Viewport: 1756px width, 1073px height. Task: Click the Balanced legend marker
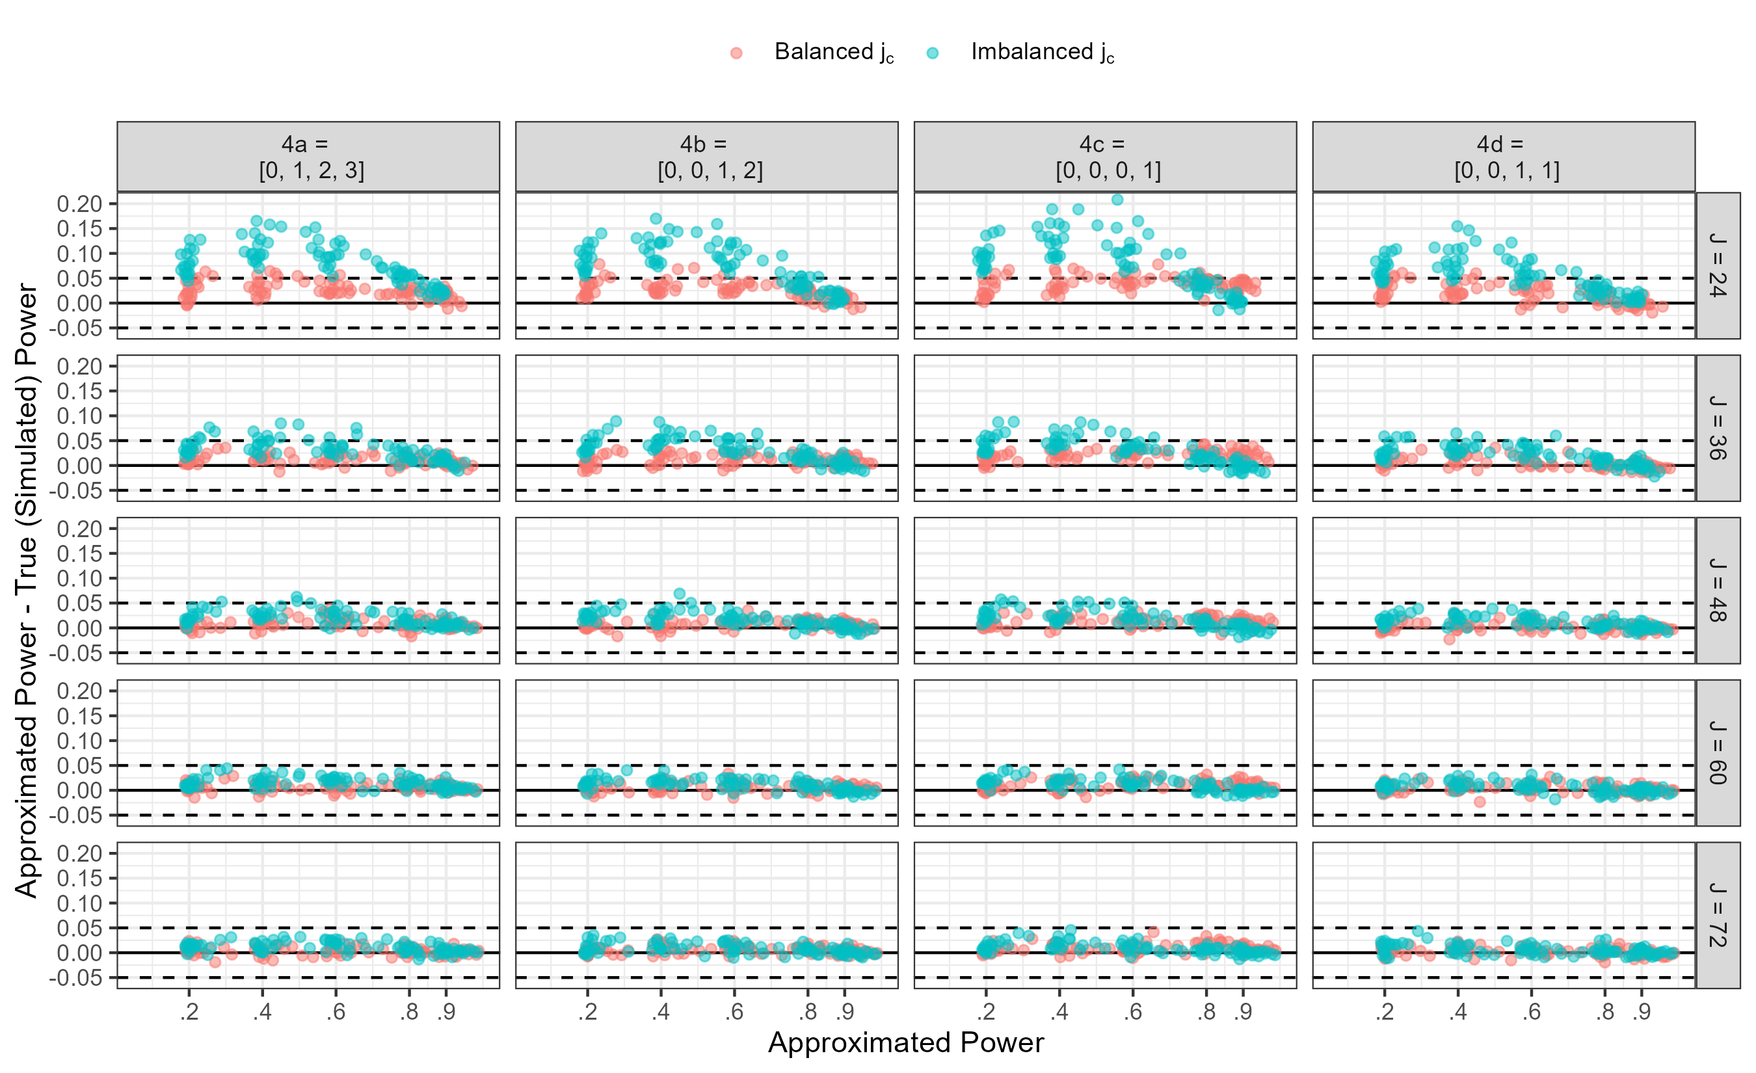coord(736,53)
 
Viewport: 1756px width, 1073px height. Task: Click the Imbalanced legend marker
coord(933,53)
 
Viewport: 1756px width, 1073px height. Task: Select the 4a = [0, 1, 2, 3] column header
coord(308,157)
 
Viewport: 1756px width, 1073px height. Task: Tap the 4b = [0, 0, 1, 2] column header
coord(707,157)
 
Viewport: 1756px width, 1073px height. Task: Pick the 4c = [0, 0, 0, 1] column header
coord(1106,157)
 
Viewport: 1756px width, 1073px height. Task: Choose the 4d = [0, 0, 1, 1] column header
coord(1504,157)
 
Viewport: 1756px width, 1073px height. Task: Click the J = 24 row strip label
coord(1718,265)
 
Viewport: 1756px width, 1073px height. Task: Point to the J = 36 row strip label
coord(1718,427)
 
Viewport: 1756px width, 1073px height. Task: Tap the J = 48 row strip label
coord(1718,590)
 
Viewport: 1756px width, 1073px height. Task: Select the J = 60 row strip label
coord(1718,752)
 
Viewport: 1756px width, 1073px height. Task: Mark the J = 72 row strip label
coord(1718,915)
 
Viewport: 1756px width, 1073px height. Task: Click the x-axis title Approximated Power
coord(906,1043)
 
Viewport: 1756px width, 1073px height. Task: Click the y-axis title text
coord(27,590)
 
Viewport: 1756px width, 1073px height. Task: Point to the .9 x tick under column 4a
coord(446,1012)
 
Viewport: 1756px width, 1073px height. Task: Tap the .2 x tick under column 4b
coord(587,1012)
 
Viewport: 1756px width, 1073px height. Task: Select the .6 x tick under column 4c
coord(1133,1012)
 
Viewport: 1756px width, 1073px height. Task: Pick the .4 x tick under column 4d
coord(1458,1012)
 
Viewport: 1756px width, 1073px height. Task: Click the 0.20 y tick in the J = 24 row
coord(80,204)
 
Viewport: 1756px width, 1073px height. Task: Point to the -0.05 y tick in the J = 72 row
coord(75,977)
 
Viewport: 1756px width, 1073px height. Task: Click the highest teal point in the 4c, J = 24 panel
coord(1117,200)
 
